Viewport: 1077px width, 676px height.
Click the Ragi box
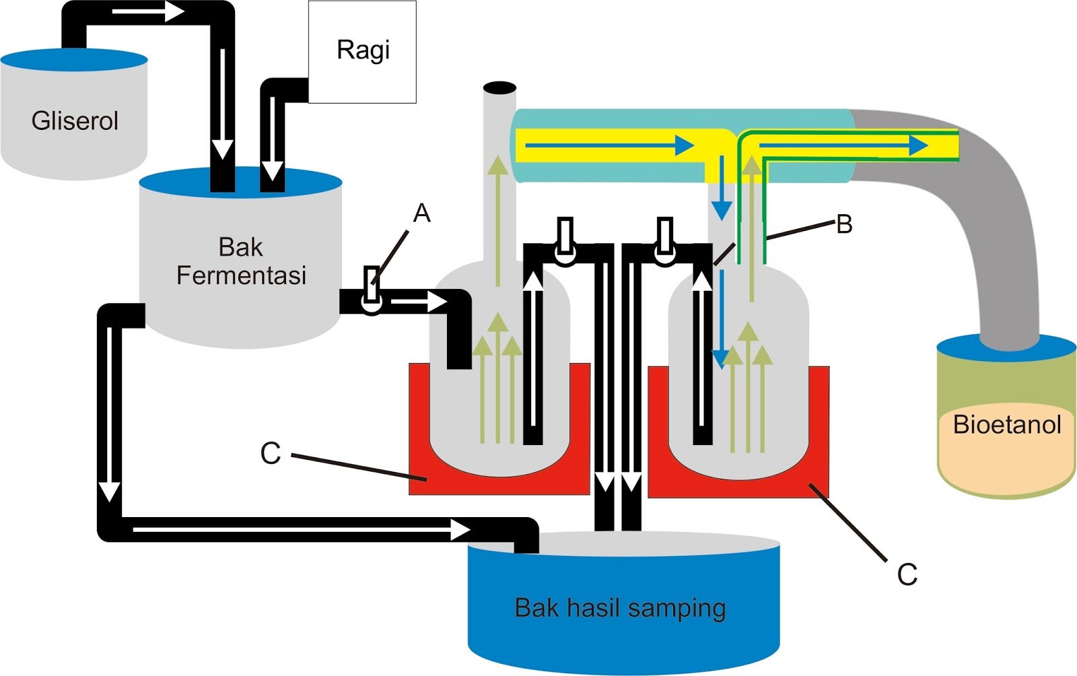click(x=362, y=52)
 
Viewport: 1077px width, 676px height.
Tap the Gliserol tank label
click(x=75, y=121)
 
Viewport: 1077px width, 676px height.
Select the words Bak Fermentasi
click(x=241, y=261)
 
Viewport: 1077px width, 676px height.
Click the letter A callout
click(x=422, y=213)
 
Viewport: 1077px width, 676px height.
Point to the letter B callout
click(x=844, y=224)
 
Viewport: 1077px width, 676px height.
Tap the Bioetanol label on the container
click(x=1007, y=425)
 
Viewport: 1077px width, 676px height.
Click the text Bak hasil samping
click(x=620, y=608)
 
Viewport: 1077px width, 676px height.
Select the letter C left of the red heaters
click(x=270, y=454)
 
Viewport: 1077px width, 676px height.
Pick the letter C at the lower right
click(x=907, y=574)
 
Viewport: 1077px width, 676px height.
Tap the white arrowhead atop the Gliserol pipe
click(x=174, y=12)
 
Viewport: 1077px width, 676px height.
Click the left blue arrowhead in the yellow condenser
click(x=685, y=145)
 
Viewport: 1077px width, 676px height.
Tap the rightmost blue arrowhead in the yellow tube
click(x=917, y=145)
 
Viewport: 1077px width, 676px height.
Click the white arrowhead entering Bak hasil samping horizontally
click(x=460, y=530)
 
